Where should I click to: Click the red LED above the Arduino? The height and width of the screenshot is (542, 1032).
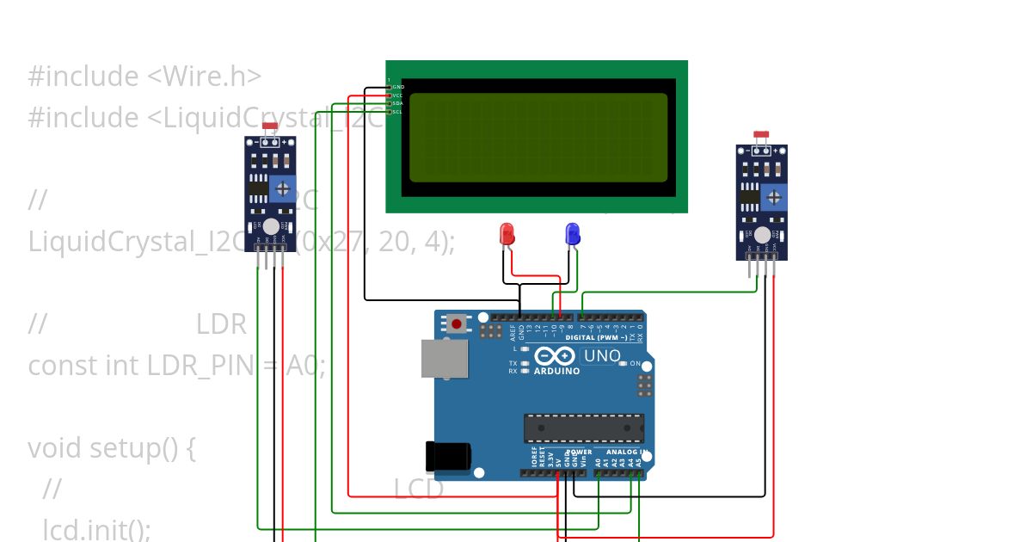(x=507, y=233)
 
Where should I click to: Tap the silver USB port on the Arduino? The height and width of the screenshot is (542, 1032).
(x=444, y=358)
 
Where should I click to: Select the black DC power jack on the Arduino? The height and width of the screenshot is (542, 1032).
(x=448, y=455)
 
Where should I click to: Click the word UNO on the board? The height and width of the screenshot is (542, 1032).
(x=602, y=355)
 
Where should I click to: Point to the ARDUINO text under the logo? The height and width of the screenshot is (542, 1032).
(x=556, y=371)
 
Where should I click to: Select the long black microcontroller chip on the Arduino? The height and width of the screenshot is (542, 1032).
(x=584, y=428)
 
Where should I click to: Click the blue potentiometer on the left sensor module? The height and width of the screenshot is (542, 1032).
(x=281, y=189)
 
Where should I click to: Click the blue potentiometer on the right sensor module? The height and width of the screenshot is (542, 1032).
(x=774, y=197)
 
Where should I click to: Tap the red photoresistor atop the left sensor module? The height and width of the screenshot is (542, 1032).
(x=269, y=126)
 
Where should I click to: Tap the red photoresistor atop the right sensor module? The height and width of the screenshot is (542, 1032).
(x=761, y=134)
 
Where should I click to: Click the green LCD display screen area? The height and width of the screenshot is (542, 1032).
(x=537, y=138)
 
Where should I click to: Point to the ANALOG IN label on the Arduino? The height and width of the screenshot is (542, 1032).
(x=626, y=452)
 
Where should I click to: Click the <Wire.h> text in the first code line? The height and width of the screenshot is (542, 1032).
(x=204, y=77)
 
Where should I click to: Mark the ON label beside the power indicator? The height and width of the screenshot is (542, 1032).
(x=635, y=364)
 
